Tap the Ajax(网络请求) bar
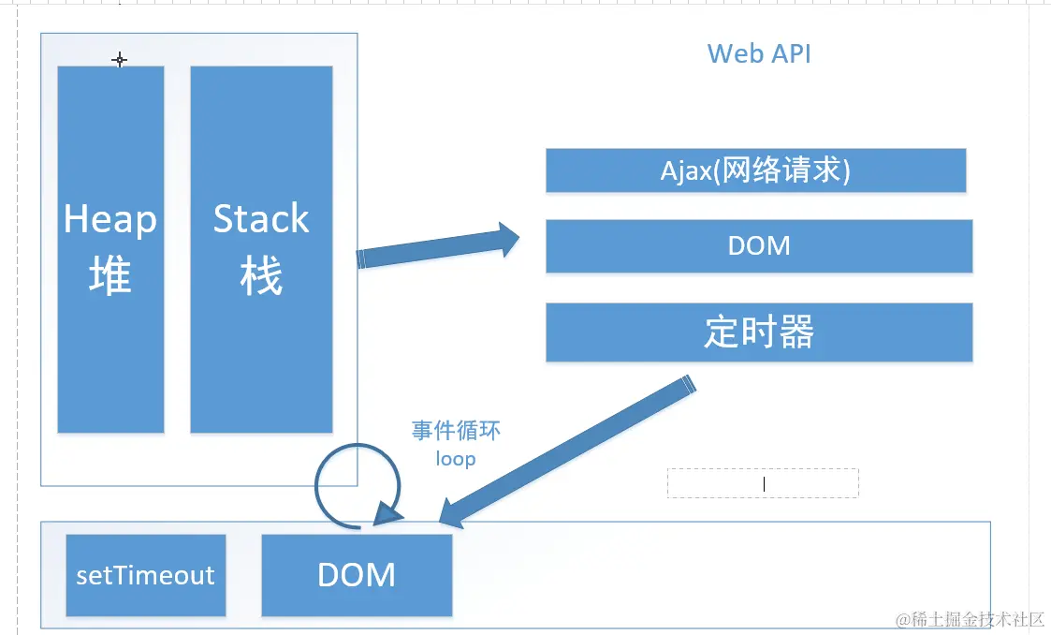[755, 170]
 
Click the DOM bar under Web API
[759, 246]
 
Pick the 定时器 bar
[759, 332]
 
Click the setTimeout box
[145, 575]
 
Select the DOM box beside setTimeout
[357, 575]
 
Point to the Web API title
[759, 53]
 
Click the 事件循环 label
[456, 430]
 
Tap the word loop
[456, 459]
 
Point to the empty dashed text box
[763, 483]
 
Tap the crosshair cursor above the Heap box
[119, 60]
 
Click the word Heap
[109, 219]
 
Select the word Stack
[261, 219]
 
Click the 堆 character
[109, 277]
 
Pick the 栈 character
[261, 277]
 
